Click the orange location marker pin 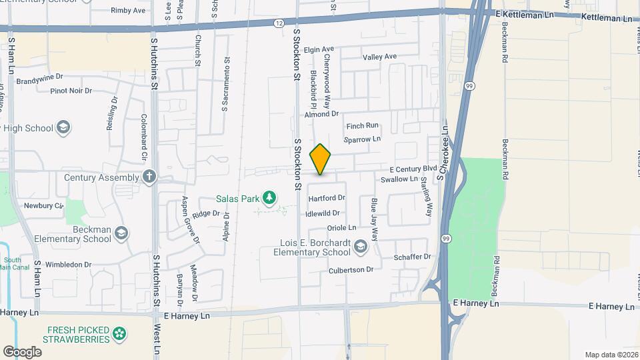pos(320,159)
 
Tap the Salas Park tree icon pos(269,197)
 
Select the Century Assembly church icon pos(149,177)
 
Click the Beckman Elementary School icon pos(121,233)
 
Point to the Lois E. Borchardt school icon pos(360,247)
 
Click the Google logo pos(22,351)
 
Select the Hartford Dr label pos(326,198)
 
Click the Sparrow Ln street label pos(362,139)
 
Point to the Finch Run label pos(362,125)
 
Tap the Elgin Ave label pos(319,49)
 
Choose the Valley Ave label pos(379,57)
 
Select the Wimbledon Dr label pos(68,265)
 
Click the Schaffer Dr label pos(413,257)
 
